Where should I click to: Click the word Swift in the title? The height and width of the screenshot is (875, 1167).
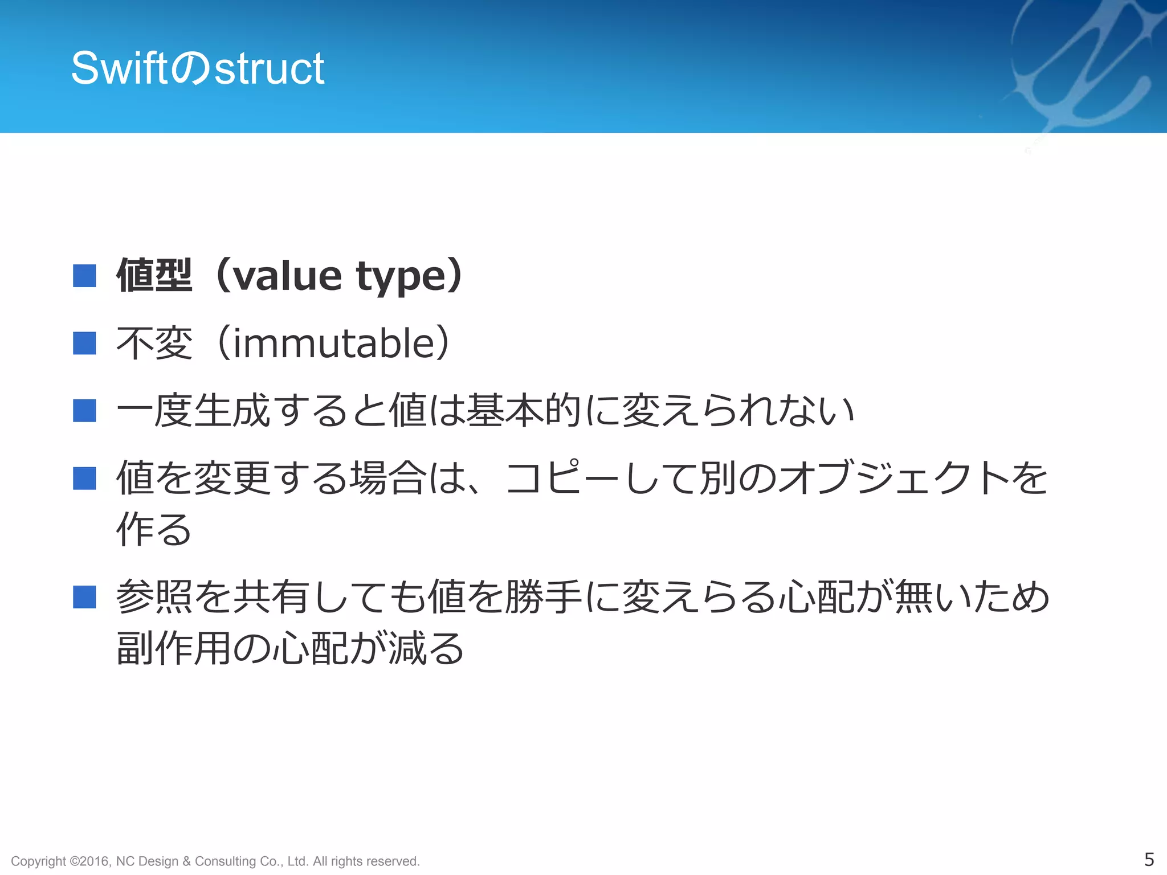click(x=120, y=68)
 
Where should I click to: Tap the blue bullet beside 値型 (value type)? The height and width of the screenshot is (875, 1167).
click(x=84, y=276)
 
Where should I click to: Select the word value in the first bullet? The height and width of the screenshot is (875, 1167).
click(x=288, y=276)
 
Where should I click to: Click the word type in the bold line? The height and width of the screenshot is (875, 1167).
click(x=401, y=277)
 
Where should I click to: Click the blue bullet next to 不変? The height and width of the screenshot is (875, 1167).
click(x=84, y=344)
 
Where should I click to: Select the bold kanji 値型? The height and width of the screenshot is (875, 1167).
click(x=154, y=276)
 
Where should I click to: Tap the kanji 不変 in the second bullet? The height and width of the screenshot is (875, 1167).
click(x=154, y=344)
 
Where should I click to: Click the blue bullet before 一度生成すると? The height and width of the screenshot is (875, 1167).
click(x=84, y=411)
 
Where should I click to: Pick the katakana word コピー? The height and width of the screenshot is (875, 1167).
click(x=562, y=478)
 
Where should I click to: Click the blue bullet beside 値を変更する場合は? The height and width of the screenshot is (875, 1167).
click(x=84, y=478)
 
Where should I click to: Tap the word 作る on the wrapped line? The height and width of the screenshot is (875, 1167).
click(x=154, y=529)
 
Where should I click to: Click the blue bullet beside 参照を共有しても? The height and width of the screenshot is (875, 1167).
click(x=84, y=597)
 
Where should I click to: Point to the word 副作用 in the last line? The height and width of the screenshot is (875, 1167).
click(x=173, y=648)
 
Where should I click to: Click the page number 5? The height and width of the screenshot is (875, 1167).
click(x=1149, y=859)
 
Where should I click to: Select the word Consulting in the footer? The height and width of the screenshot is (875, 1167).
click(x=225, y=861)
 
